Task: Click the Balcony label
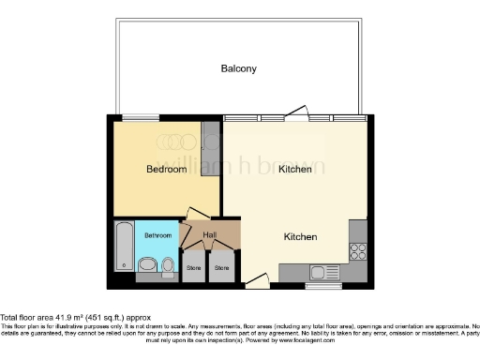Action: click(238, 68)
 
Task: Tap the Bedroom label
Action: click(166, 170)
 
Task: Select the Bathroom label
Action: click(157, 235)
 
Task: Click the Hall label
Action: click(211, 234)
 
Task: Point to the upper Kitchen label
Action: click(294, 170)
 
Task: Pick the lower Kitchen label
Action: click(300, 237)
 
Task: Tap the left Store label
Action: click(194, 268)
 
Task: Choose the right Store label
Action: click(221, 268)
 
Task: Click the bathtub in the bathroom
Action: click(124, 246)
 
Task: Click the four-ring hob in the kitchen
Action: click(357, 250)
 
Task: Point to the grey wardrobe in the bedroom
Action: click(212, 141)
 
